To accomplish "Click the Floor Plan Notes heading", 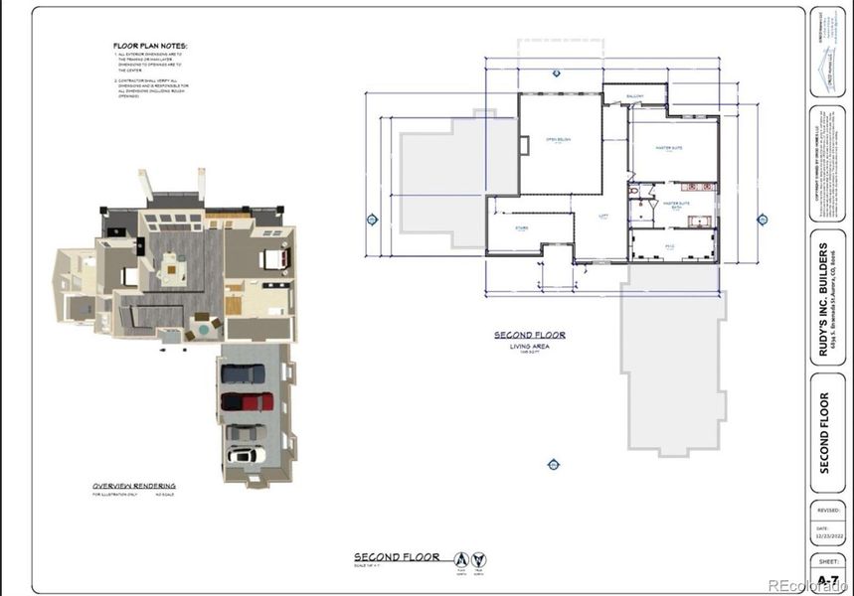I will point(149,46).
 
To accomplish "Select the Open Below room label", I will point(558,140).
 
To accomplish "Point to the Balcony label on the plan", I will point(634,96).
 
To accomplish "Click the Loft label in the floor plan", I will point(602,215).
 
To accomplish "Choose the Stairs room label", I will point(521,227).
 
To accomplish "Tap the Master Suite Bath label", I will point(677,205).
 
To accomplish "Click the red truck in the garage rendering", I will point(246,401).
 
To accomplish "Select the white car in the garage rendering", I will point(244,455).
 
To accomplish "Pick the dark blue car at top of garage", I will point(243,373).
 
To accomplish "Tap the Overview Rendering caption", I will point(134,486).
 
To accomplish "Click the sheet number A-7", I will point(827,576).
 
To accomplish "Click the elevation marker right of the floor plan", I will point(763,220).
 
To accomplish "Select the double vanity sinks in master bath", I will point(694,186).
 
